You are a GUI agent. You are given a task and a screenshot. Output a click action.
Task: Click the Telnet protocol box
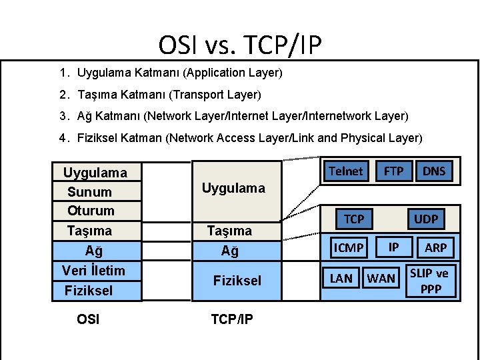pyautogui.click(x=345, y=171)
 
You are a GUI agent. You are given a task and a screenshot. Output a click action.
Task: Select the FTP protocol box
pyautogui.click(x=393, y=171)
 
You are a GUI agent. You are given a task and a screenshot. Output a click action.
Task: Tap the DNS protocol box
pyautogui.click(x=434, y=171)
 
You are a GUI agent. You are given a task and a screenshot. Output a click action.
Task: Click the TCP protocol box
pyautogui.click(x=353, y=219)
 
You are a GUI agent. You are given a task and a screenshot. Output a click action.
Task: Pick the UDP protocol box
pyautogui.click(x=426, y=219)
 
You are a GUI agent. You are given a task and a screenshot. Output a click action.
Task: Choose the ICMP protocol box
pyautogui.click(x=349, y=248)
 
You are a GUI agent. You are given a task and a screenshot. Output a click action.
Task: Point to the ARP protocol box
pyautogui.click(x=436, y=248)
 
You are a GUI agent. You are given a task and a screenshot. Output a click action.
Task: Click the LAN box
pyautogui.click(x=341, y=278)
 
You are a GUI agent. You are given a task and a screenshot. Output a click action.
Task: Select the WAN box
pyautogui.click(x=381, y=278)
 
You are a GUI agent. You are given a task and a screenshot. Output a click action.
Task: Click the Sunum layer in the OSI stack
pyautogui.click(x=89, y=192)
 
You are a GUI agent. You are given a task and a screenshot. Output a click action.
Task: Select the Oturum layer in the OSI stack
pyautogui.click(x=91, y=211)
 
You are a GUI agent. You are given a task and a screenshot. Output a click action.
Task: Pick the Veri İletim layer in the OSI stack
pyautogui.click(x=93, y=270)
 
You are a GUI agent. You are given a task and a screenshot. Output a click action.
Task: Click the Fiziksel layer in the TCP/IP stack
pyautogui.click(x=237, y=281)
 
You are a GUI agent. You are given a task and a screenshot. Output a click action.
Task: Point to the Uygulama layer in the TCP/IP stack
pyautogui.click(x=233, y=188)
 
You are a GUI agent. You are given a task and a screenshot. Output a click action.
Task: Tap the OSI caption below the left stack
pyautogui.click(x=88, y=319)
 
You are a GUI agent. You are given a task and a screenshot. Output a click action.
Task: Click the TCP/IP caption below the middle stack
pyautogui.click(x=231, y=319)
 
